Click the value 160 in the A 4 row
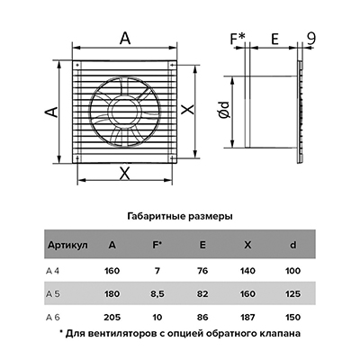point(112,271)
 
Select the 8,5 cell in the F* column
point(157,294)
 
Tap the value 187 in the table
point(247,317)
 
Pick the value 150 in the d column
point(292,317)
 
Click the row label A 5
point(53,294)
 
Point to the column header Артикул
point(67,245)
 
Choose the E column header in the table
point(202,245)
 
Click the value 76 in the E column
point(202,271)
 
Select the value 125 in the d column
point(292,294)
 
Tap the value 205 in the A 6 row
point(112,317)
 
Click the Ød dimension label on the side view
point(224,110)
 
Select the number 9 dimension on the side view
point(311,39)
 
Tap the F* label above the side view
point(238,39)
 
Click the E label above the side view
point(274,39)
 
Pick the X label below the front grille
point(124,174)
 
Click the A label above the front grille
point(125,39)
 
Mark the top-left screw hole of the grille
point(76,65)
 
